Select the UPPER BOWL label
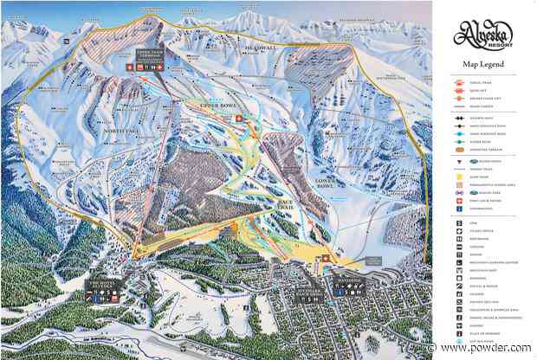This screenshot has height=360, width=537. (x=218, y=103)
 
